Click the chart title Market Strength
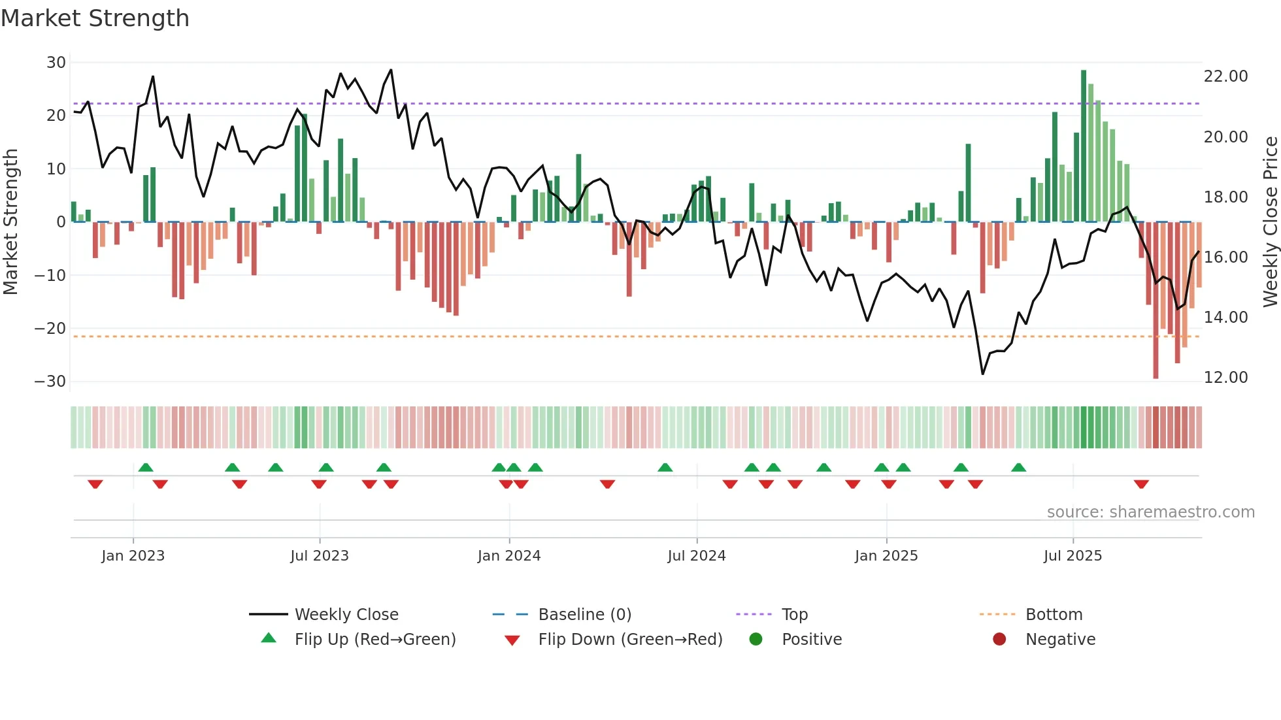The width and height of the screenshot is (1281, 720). [x=95, y=18]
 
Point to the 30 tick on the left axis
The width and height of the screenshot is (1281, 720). [x=56, y=63]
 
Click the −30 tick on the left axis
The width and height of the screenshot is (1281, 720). [x=50, y=382]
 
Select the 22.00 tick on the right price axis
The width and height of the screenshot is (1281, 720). [x=1225, y=76]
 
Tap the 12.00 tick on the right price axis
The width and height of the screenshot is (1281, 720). [x=1225, y=378]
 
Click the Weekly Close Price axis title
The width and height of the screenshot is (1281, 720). [x=1270, y=222]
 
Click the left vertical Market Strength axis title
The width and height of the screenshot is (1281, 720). [x=10, y=222]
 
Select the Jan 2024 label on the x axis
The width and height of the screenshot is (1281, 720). [x=509, y=556]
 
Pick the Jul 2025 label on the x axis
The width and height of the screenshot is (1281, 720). [x=1073, y=556]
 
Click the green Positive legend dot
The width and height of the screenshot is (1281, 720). [x=756, y=640]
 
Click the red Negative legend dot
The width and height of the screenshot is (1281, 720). [x=999, y=640]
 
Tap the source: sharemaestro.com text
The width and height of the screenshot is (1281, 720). [x=1150, y=512]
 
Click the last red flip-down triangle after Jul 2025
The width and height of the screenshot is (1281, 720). [x=1141, y=484]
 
